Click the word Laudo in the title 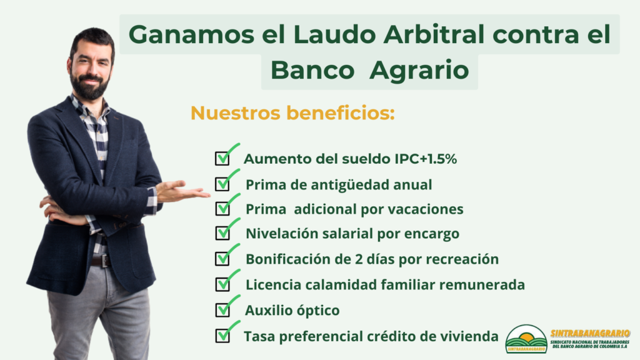click(x=334, y=34)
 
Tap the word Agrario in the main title click(x=419, y=71)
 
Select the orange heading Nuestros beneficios click(x=292, y=112)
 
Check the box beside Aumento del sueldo click(x=222, y=158)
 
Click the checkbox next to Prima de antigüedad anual click(x=222, y=184)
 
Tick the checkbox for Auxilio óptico click(x=222, y=310)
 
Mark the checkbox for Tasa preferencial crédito click(x=222, y=336)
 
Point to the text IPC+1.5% click(x=425, y=159)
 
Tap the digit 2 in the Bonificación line click(x=359, y=259)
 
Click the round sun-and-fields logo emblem click(x=526, y=339)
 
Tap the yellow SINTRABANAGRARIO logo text click(x=590, y=334)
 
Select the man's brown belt click(x=101, y=261)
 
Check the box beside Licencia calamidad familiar click(x=222, y=284)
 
